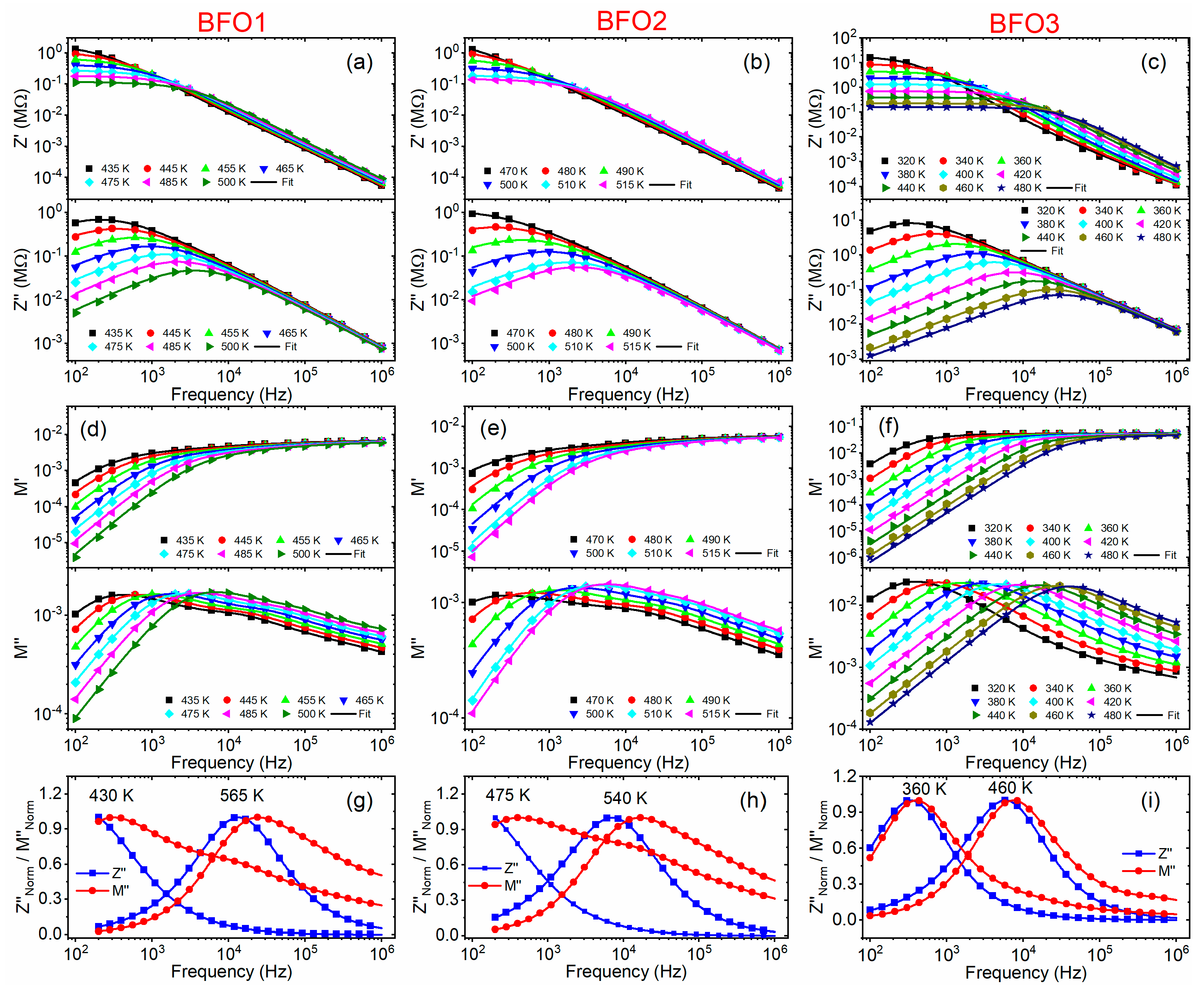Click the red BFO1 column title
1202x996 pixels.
232,23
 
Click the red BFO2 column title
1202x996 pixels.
631,21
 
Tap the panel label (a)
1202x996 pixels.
359,62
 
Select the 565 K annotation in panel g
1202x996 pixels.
242,795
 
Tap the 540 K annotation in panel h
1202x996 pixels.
625,798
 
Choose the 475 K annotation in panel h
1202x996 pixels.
508,795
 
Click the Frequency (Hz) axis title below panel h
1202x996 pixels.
626,971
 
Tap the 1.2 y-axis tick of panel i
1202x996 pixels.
844,776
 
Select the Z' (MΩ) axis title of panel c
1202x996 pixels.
815,117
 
